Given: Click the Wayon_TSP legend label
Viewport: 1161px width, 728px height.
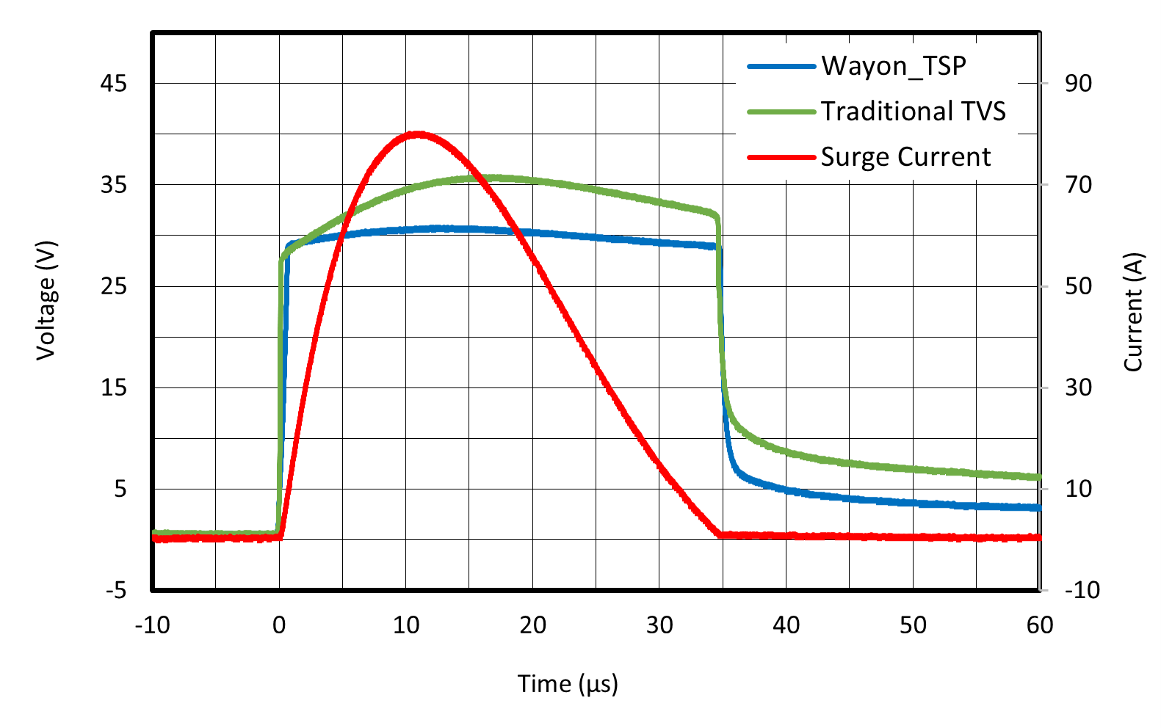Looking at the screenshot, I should [x=893, y=66].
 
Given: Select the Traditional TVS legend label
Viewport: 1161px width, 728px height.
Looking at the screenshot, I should [x=913, y=112].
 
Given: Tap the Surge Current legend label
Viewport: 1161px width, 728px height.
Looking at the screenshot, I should [x=905, y=157].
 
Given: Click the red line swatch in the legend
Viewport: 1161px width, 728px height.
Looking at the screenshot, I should [x=781, y=158].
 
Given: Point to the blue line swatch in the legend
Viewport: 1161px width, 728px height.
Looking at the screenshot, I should [x=781, y=67].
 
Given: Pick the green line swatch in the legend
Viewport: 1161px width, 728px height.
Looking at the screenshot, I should [x=781, y=112].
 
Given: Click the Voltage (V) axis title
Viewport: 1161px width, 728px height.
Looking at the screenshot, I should [x=46, y=300].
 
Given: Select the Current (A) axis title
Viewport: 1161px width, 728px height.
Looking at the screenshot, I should [x=1133, y=312].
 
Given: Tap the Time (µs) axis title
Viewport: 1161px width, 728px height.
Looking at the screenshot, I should [x=568, y=684].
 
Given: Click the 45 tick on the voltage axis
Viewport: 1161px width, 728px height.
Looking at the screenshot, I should [x=114, y=84].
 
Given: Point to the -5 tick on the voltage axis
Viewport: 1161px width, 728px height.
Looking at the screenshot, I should [x=116, y=590].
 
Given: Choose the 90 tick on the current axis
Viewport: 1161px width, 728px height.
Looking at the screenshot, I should [x=1078, y=84].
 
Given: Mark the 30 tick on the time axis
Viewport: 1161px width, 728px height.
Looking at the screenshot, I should [x=659, y=625].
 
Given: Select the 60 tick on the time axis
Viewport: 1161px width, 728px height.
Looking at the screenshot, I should [x=1040, y=625].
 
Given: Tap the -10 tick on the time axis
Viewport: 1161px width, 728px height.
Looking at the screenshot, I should [x=152, y=625].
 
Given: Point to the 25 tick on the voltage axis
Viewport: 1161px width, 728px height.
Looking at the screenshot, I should [x=114, y=286].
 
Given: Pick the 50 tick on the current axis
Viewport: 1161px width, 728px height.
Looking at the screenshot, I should [x=1078, y=286].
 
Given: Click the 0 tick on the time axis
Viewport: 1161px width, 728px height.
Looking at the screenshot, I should [x=279, y=625].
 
